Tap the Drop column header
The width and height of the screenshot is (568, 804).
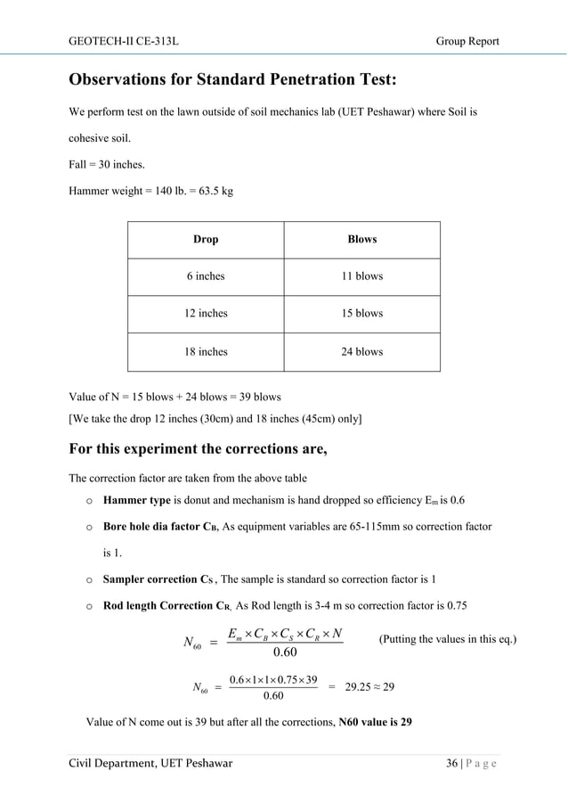pyautogui.click(x=206, y=240)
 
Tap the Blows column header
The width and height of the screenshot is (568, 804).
pyautogui.click(x=362, y=240)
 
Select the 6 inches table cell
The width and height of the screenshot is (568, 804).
pyautogui.click(x=206, y=276)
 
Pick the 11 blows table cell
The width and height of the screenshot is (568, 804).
pyautogui.click(x=362, y=276)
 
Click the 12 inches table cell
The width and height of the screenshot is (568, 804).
pyautogui.click(x=206, y=314)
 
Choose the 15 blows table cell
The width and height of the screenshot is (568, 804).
pyautogui.click(x=362, y=314)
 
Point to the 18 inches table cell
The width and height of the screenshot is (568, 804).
pyautogui.click(x=206, y=352)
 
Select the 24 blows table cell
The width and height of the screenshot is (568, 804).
pyautogui.click(x=362, y=352)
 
